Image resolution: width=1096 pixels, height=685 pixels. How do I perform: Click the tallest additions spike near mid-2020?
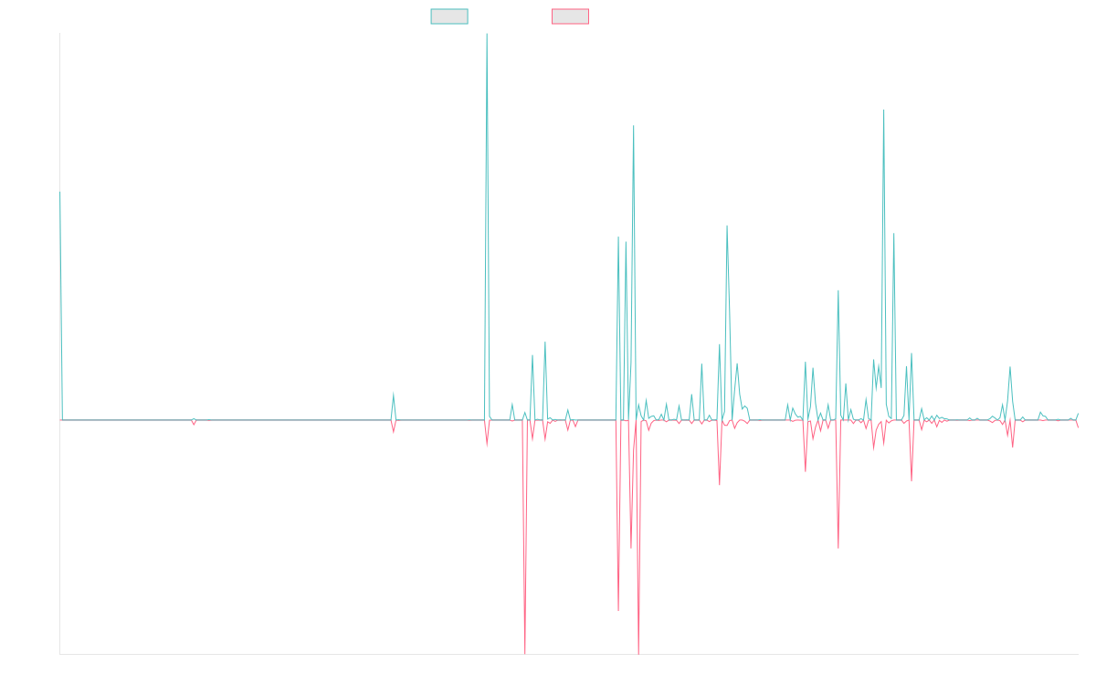pyautogui.click(x=486, y=35)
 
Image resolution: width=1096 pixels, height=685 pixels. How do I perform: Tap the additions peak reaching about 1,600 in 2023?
pyautogui.click(x=884, y=110)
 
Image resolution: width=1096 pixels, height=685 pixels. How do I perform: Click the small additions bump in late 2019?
pyautogui.click(x=394, y=393)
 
